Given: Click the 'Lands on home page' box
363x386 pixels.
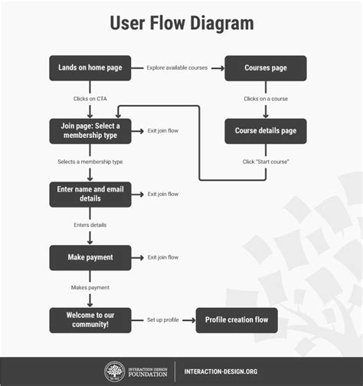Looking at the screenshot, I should tap(90, 68).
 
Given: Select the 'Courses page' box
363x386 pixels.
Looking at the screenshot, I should tap(266, 68).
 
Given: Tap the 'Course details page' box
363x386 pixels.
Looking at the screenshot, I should tap(266, 131).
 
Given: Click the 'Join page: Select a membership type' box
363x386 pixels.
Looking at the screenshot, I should tap(90, 131).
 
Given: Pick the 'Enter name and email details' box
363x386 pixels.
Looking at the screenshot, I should tap(90, 194).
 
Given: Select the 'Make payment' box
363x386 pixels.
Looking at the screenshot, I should tap(90, 257).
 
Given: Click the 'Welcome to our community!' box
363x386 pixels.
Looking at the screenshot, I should tap(90, 319).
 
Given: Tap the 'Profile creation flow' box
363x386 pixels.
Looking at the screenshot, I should tap(237, 319).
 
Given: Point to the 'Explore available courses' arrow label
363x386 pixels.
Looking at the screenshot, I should tap(178, 68).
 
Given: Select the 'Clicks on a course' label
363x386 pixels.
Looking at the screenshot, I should tap(266, 99).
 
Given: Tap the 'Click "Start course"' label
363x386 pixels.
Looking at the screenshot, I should tap(266, 162).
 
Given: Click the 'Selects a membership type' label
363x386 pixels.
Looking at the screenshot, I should tap(90, 162).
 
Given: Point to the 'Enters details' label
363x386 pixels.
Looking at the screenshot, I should tap(90, 225).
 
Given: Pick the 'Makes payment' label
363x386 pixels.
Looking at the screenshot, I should tap(90, 288).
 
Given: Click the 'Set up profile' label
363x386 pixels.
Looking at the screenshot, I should tap(164, 319).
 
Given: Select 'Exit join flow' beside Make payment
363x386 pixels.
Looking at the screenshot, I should tap(163, 257).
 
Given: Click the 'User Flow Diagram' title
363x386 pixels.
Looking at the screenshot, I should tap(181, 23).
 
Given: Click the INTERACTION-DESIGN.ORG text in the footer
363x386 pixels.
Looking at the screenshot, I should tap(221, 373).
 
